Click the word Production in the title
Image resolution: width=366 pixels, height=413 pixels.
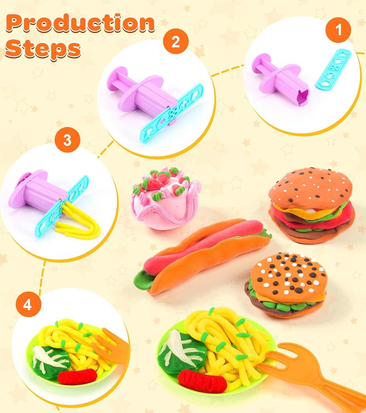[80, 23]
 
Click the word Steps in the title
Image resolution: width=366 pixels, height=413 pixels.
[43, 49]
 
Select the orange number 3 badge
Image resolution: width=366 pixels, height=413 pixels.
[67, 140]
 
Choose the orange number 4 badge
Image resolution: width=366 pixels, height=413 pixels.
[28, 306]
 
